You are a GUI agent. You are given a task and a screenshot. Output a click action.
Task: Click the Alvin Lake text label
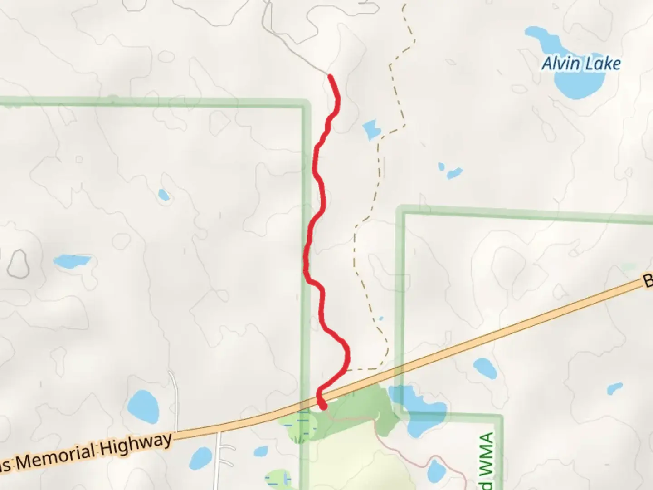[x=581, y=64]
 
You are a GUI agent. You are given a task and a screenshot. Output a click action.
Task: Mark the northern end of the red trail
[x=330, y=76]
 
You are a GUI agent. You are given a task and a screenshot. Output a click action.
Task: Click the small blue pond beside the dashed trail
[x=371, y=129]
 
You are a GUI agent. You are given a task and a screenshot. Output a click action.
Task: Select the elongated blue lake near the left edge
[x=72, y=261]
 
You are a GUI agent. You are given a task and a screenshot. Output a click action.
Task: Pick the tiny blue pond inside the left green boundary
[x=164, y=195]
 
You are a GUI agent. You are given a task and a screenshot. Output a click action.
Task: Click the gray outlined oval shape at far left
[x=19, y=264]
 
